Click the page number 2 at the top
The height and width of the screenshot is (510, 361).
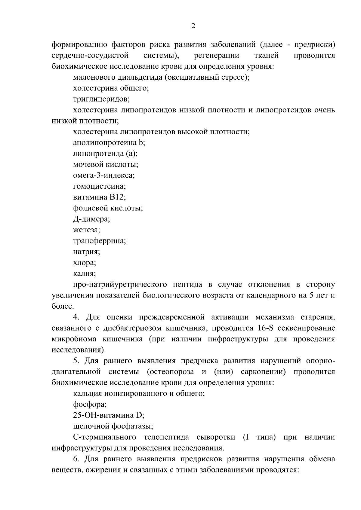click(x=193, y=26)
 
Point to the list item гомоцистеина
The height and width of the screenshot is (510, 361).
click(x=99, y=186)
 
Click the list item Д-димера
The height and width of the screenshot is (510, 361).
click(x=91, y=219)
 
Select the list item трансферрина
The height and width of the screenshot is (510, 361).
click(x=99, y=241)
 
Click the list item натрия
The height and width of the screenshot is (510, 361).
click(x=86, y=252)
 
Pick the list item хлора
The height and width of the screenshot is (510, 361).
click(x=85, y=263)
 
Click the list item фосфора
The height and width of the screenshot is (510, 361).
click(x=90, y=405)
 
